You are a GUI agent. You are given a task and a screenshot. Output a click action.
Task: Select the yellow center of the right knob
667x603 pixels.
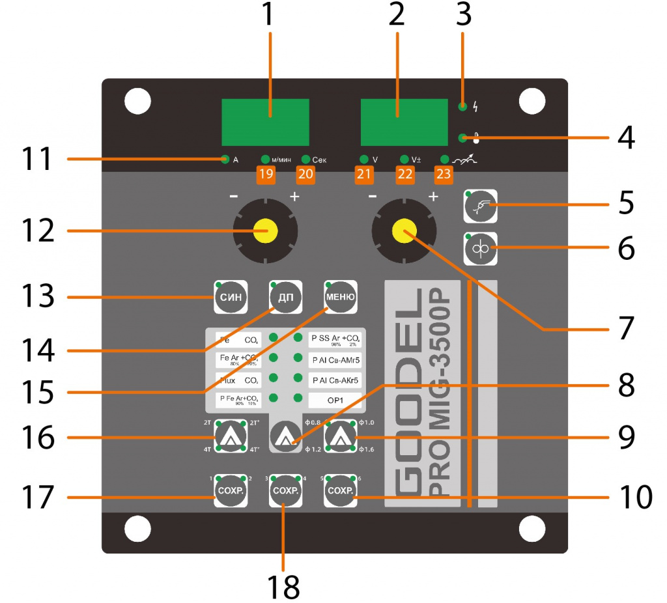tap(404, 231)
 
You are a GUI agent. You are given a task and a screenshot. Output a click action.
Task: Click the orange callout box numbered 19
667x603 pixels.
tap(265, 174)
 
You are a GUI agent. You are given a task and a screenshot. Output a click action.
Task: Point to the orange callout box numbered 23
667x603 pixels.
tap(444, 174)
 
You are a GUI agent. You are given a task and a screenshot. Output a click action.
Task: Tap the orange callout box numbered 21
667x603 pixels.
tap(363, 174)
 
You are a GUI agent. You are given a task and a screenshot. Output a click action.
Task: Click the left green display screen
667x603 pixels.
tap(265, 122)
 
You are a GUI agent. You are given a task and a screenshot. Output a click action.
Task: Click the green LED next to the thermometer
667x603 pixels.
tap(463, 138)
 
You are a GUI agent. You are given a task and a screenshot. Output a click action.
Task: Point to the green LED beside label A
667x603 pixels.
tap(225, 159)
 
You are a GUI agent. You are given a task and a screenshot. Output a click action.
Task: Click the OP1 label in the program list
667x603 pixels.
tap(335, 399)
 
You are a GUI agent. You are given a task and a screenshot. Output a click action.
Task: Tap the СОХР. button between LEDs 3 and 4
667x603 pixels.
tap(285, 490)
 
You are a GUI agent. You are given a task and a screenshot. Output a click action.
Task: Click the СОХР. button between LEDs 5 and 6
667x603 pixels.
tap(340, 490)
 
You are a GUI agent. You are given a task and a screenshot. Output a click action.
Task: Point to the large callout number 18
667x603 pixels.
tap(284, 585)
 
